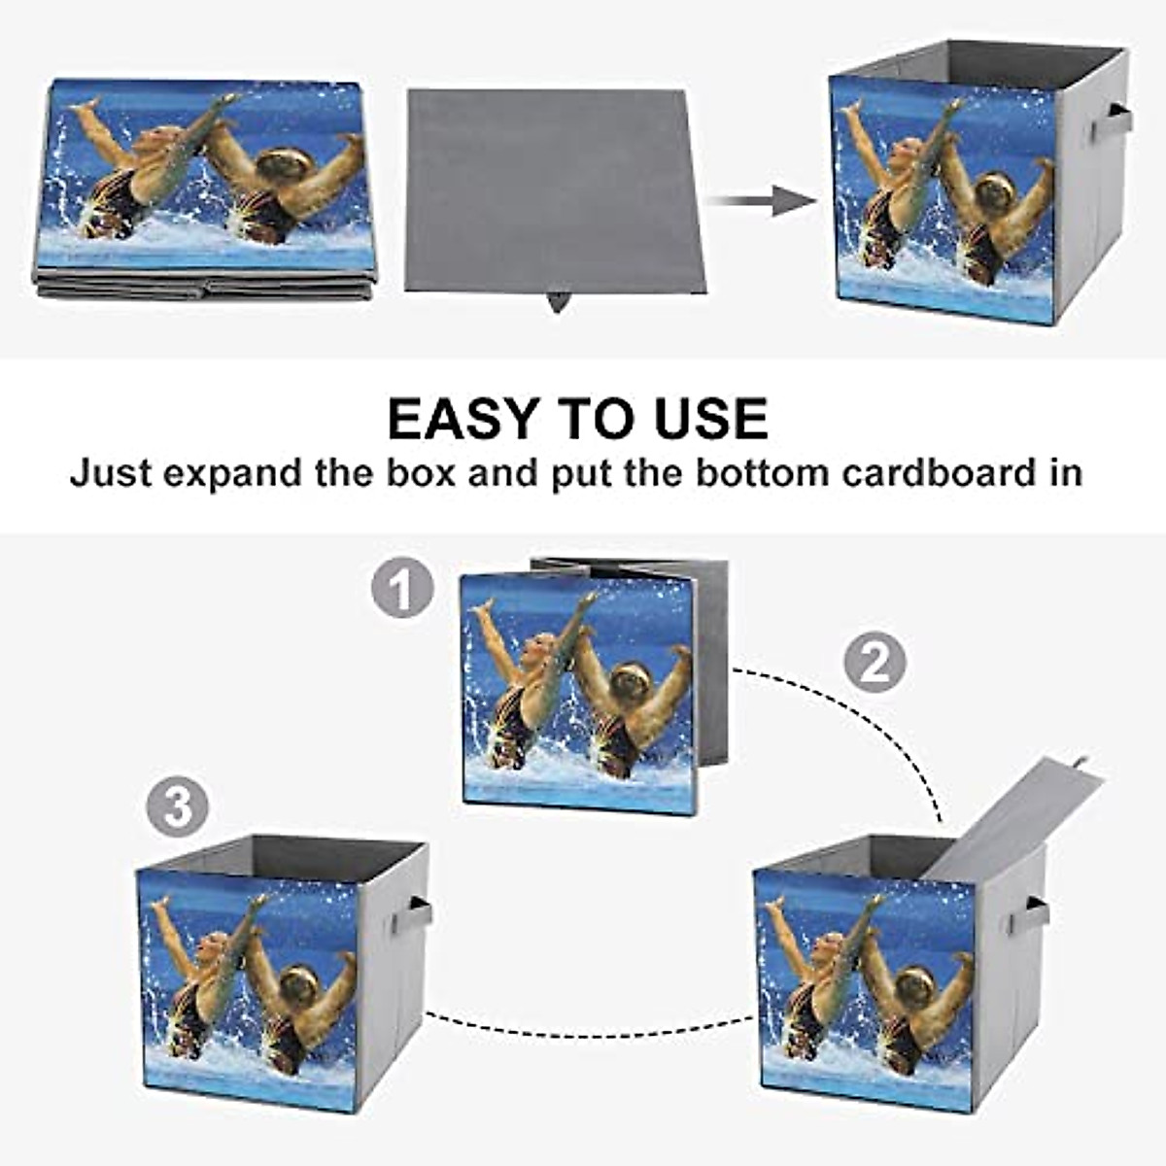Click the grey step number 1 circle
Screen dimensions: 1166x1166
pos(402,589)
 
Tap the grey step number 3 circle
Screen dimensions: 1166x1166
pos(178,806)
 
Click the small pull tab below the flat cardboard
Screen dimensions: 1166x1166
pos(557,302)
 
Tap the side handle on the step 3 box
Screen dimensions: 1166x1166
pos(417,914)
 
